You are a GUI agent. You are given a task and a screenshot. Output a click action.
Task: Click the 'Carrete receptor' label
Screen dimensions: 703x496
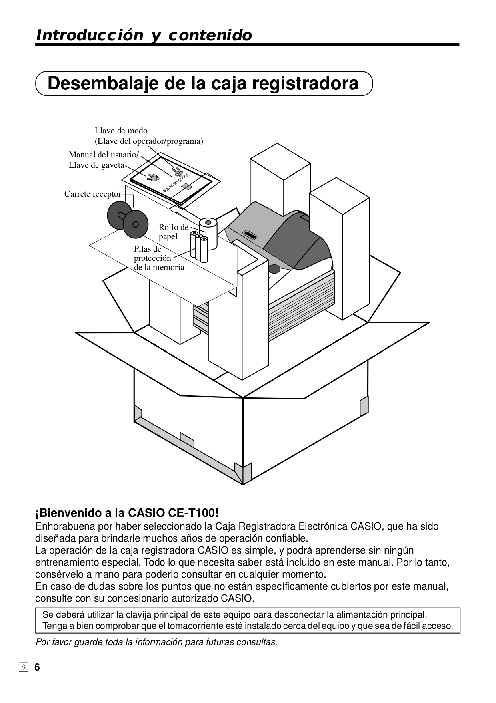point(92,194)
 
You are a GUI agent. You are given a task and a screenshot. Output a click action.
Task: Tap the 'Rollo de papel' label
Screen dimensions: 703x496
point(173,232)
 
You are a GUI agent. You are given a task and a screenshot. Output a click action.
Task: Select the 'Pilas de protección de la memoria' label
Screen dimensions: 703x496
point(158,258)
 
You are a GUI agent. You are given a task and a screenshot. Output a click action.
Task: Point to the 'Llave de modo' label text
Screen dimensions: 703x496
point(121,131)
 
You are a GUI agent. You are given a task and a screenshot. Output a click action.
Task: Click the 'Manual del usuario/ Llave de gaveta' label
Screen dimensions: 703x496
point(104,160)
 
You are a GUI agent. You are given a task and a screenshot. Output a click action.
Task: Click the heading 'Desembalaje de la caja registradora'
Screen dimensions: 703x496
point(203,83)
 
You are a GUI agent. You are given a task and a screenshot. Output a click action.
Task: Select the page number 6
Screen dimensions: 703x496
point(37,667)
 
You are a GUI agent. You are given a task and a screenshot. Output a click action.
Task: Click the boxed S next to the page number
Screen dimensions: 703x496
point(24,667)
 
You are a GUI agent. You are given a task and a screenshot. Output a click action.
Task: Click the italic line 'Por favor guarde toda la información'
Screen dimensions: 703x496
point(156,642)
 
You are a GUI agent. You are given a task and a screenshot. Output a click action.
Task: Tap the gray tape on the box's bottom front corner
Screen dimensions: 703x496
point(243,473)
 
